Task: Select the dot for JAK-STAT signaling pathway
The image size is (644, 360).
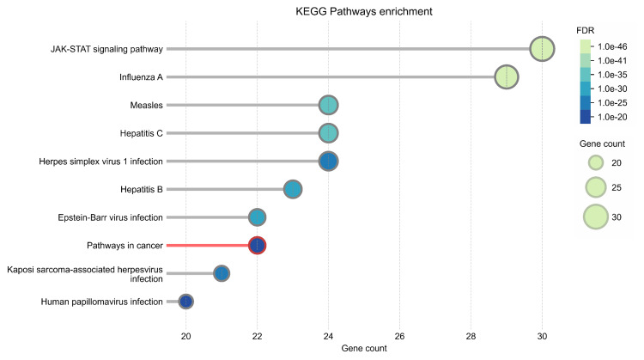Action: click(541, 49)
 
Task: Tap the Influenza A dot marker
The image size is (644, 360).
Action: click(507, 76)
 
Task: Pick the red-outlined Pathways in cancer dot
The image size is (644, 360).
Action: click(257, 245)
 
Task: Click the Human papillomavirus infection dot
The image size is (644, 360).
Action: click(185, 302)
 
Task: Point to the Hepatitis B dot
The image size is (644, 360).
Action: click(293, 189)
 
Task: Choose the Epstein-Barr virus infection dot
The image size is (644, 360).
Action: click(257, 217)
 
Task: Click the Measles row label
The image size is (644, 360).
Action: click(146, 105)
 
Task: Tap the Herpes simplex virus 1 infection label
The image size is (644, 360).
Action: click(101, 161)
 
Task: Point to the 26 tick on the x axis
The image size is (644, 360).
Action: click(399, 335)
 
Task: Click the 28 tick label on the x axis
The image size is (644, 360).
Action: click(471, 335)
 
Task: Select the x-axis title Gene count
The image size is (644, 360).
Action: click(363, 348)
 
